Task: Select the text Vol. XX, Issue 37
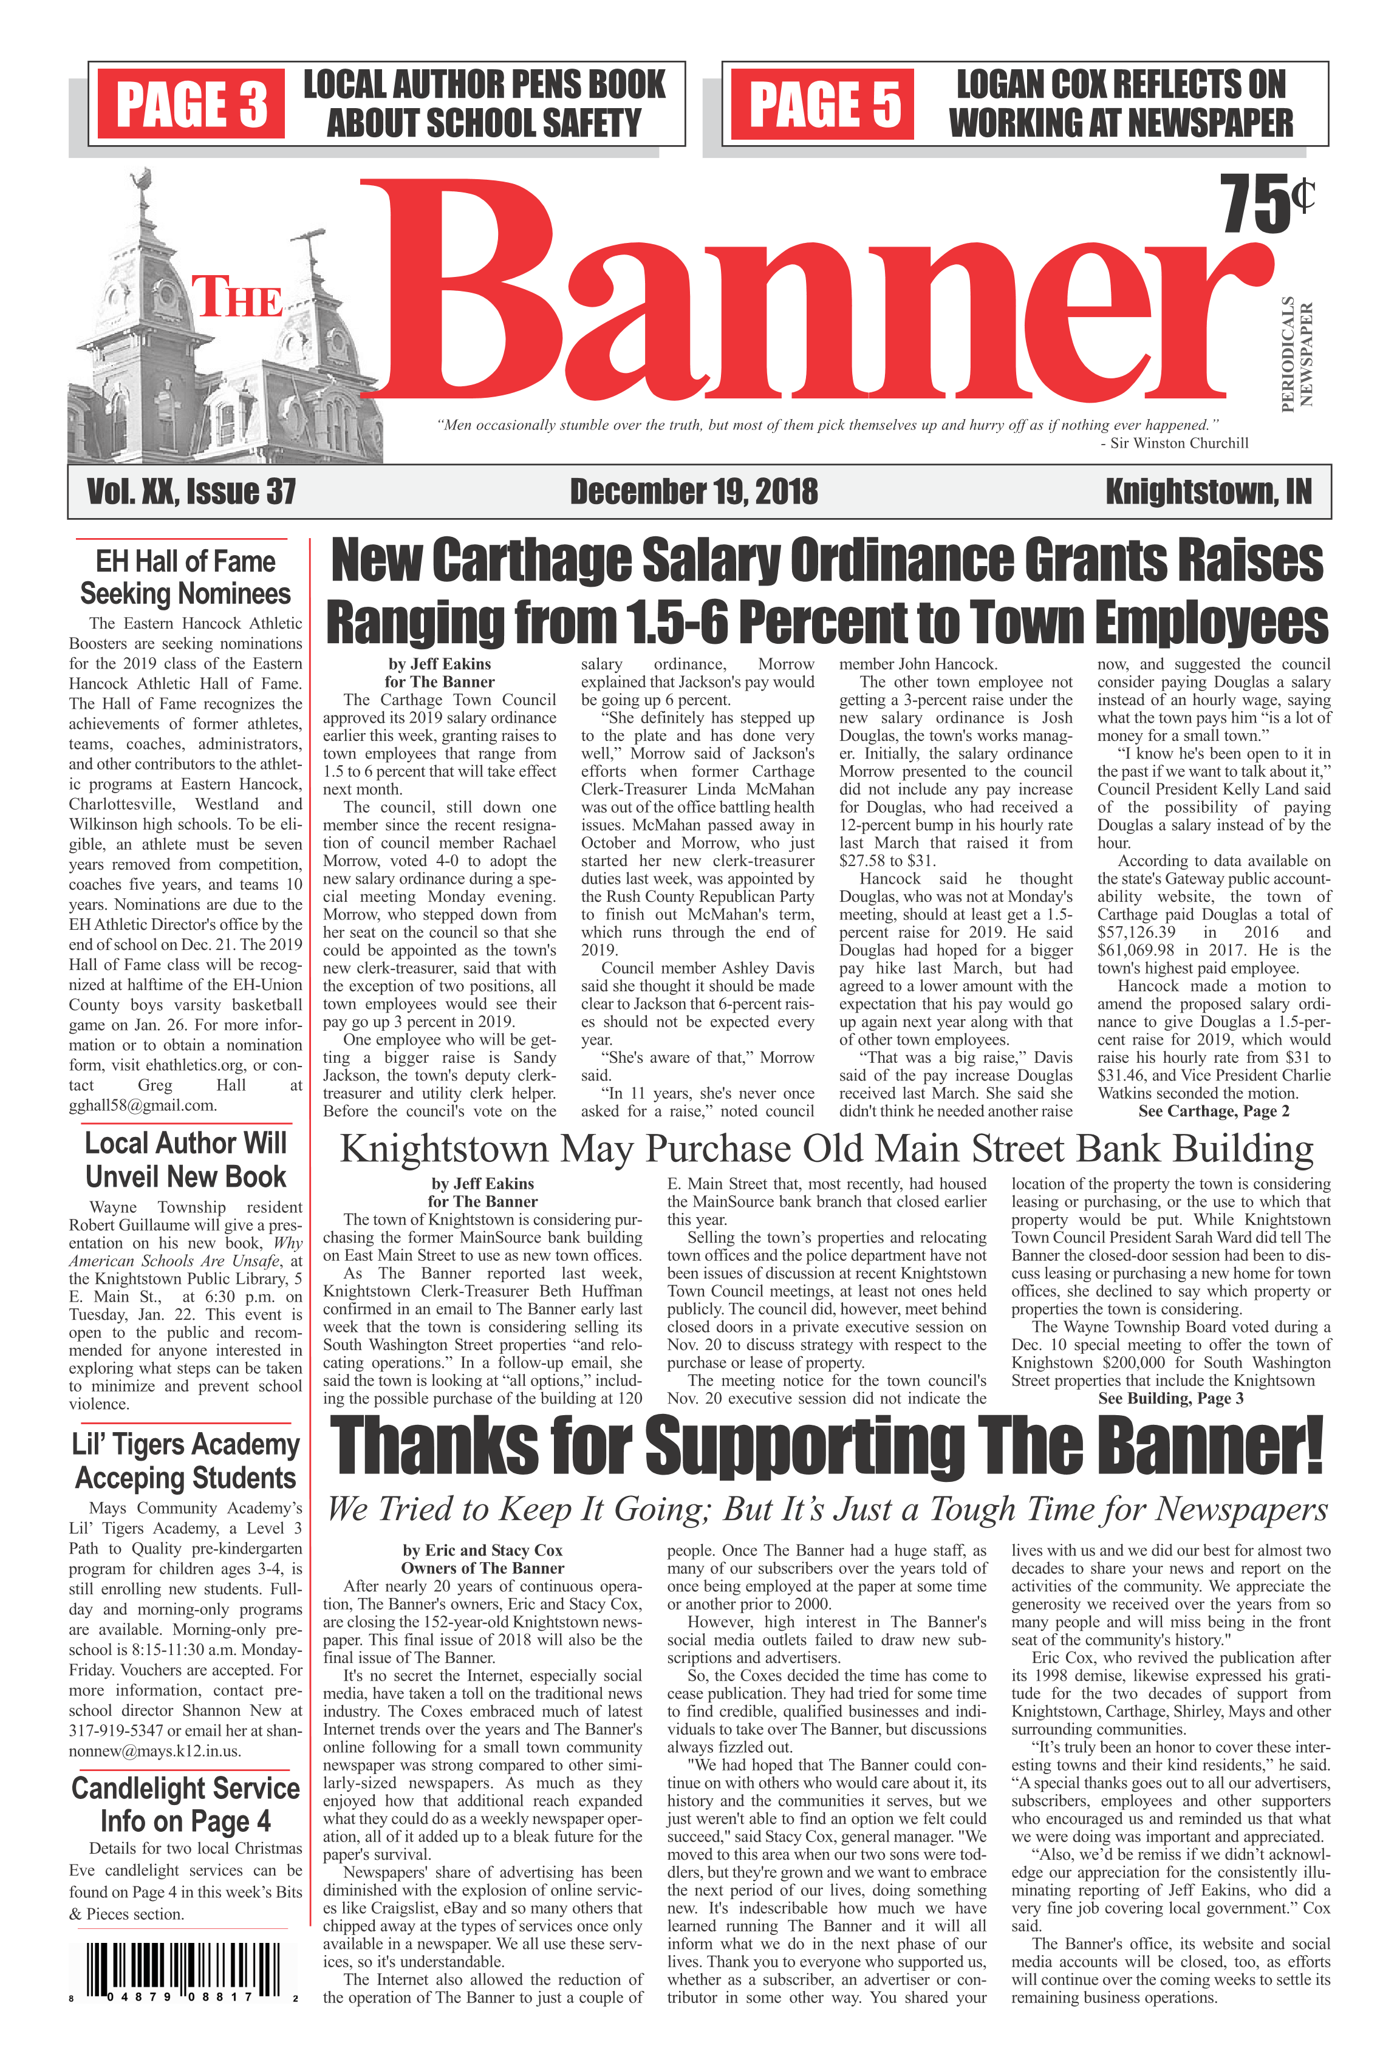pos(191,492)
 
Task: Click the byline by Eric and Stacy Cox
pos(482,1551)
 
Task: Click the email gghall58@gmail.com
pos(142,1105)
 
